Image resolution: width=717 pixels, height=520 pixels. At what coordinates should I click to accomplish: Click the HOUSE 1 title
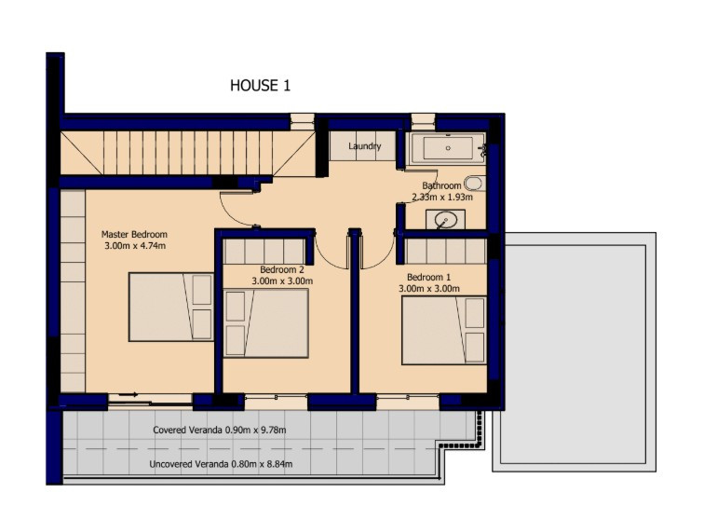(x=261, y=86)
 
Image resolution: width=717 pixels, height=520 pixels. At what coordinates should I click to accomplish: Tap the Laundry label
(x=364, y=147)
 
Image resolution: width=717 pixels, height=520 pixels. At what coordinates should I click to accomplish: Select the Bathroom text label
(x=441, y=185)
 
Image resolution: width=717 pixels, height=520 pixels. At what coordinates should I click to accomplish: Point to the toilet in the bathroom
(x=474, y=184)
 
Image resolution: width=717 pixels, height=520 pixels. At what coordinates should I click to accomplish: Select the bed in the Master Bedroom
(x=171, y=307)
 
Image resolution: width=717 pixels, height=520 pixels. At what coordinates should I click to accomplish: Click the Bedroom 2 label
(x=282, y=269)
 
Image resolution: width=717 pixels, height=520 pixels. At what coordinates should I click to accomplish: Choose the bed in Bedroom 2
(x=266, y=322)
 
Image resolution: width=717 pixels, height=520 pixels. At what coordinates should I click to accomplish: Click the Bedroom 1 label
(x=429, y=277)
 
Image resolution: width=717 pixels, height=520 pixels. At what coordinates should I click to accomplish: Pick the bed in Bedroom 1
(x=443, y=330)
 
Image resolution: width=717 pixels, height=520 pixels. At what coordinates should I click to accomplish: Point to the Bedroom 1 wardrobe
(x=445, y=251)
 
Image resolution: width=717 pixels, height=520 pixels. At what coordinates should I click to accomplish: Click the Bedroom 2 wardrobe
(x=264, y=252)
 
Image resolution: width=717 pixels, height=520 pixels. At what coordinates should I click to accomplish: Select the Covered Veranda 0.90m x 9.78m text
(x=219, y=431)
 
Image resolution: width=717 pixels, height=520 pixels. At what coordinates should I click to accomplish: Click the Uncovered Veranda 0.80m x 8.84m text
(x=222, y=464)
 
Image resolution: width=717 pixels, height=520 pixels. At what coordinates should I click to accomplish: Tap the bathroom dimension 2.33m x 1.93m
(x=442, y=197)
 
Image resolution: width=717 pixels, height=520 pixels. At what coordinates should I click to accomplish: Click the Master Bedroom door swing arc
(x=233, y=212)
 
